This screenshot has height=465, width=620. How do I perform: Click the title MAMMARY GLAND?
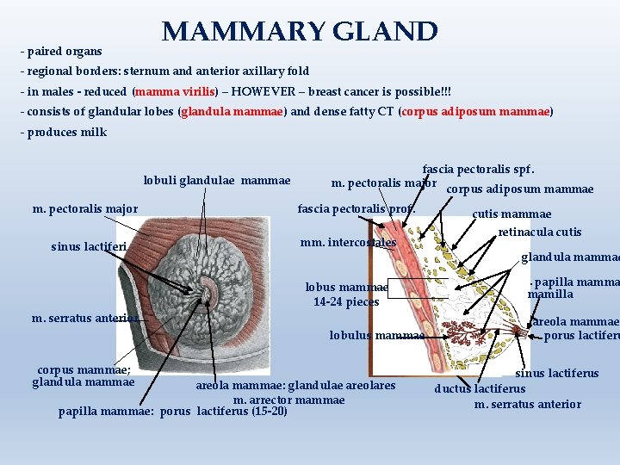(x=300, y=32)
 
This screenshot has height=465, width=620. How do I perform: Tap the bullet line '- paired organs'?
(x=60, y=52)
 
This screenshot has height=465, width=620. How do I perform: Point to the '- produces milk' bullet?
(x=64, y=133)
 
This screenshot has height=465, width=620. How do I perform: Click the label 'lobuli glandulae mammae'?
(x=217, y=181)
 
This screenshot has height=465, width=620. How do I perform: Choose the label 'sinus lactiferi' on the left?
(x=89, y=247)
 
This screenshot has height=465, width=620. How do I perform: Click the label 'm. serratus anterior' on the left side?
(x=84, y=318)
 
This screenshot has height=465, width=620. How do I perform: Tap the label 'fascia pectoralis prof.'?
(x=356, y=208)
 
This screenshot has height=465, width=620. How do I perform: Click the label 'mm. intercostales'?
(x=347, y=243)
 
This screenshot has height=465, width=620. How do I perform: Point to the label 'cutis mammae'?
(x=512, y=214)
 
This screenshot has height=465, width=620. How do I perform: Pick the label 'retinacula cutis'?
(x=539, y=232)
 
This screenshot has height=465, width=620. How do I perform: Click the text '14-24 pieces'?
(x=346, y=301)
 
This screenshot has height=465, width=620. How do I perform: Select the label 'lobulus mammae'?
(x=377, y=336)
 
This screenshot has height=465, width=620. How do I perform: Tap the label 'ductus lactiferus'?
(x=479, y=389)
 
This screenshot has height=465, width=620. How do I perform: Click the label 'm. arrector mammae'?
(x=288, y=400)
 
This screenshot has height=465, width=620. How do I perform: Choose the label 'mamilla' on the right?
(x=550, y=294)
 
